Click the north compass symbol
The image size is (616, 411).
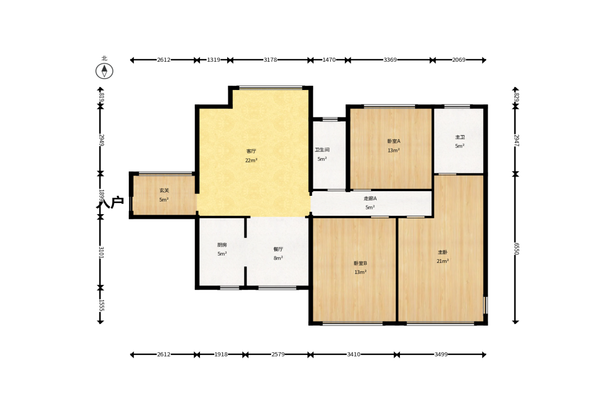click(105, 71)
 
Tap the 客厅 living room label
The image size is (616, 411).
click(251, 151)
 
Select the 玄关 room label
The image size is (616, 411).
click(164, 191)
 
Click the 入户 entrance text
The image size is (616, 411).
click(110, 202)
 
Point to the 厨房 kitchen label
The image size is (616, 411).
click(222, 245)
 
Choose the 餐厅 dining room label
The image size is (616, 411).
click(278, 249)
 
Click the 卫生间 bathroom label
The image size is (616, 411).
click(322, 150)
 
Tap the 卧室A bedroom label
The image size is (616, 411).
click(394, 141)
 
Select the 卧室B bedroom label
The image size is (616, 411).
click(360, 263)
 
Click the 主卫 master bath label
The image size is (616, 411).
click(460, 137)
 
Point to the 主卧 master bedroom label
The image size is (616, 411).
click(443, 252)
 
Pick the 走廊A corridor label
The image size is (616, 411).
click(370, 198)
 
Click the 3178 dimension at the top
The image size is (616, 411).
click(270, 60)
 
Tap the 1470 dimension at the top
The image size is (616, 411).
click(329, 60)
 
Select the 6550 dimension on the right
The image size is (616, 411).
click(516, 248)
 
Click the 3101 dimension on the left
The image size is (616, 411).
click(101, 252)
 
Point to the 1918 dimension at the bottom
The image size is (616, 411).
click(221, 354)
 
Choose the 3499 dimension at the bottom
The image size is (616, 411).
click(441, 354)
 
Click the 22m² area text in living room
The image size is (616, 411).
click(251, 160)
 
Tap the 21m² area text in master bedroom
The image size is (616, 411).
click(443, 261)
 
